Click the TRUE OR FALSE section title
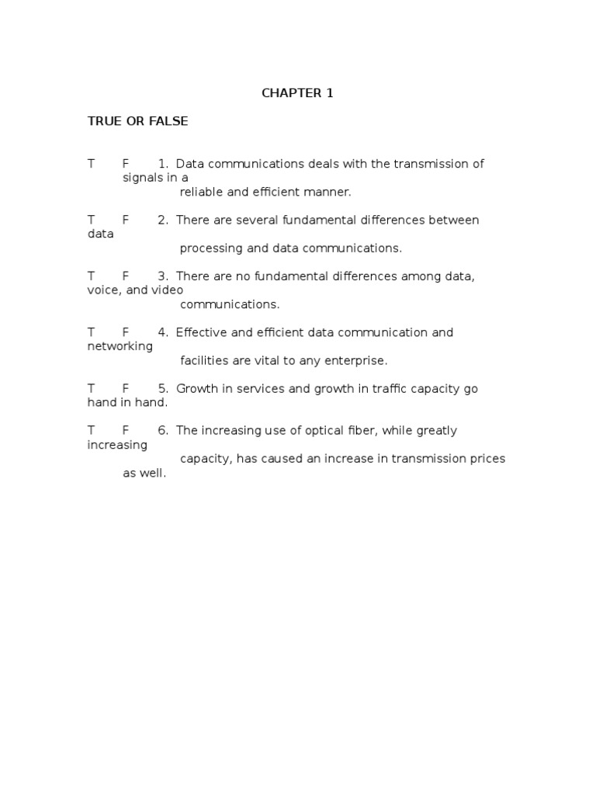[137, 122]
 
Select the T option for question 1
[91, 164]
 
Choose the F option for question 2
[125, 220]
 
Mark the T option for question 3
[91, 276]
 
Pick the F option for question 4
[125, 332]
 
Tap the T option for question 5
[91, 388]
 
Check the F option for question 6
[125, 430]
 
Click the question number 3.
[163, 276]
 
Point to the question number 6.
[163, 430]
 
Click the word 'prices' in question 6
[487, 458]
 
